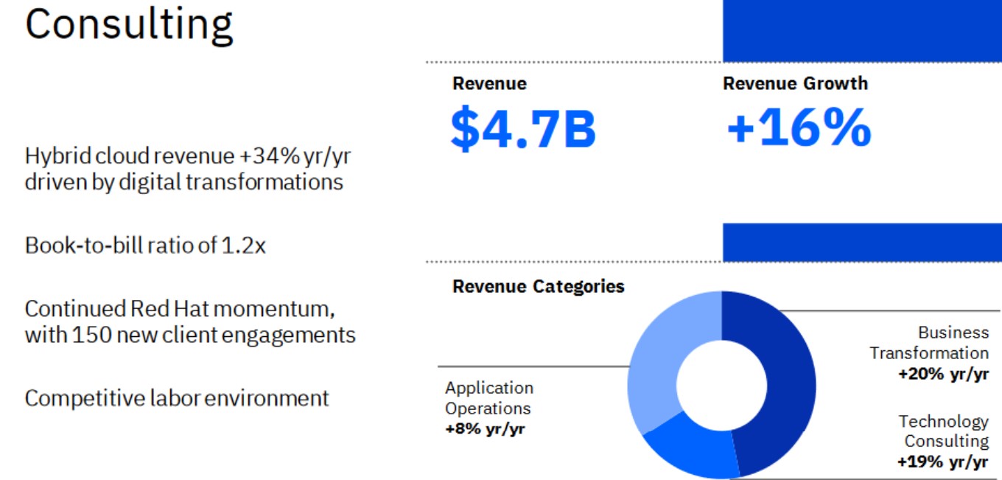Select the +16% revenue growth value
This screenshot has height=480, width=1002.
click(x=799, y=128)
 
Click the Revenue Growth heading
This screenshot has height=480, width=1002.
click(x=795, y=83)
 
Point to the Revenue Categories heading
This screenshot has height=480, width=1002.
click(x=538, y=286)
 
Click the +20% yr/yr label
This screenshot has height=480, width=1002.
click(x=943, y=374)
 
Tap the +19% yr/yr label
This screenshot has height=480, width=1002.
click(x=942, y=462)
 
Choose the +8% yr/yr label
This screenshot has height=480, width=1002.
click(x=485, y=428)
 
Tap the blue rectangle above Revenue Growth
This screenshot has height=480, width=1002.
click(x=862, y=31)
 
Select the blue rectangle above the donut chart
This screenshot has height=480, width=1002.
click(x=862, y=242)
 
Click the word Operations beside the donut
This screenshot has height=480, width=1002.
click(x=488, y=408)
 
